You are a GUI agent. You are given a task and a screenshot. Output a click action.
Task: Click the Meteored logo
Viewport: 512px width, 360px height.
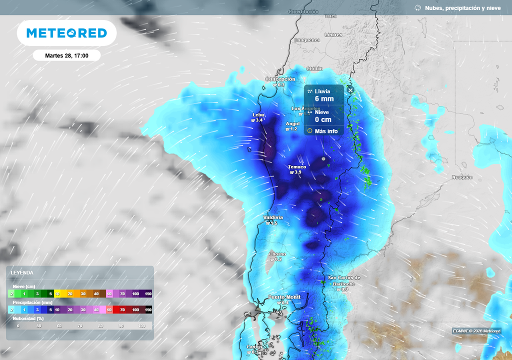66,33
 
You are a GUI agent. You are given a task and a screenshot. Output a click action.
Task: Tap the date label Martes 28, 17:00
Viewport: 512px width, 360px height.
66,55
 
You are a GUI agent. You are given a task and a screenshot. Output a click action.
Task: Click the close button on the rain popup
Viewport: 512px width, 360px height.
350,90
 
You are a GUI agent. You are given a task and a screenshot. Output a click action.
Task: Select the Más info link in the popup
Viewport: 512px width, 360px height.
325,131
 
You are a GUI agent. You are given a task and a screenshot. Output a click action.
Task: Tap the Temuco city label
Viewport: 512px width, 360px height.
297,167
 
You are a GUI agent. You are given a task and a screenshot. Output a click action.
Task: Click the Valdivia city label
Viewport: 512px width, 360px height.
273,218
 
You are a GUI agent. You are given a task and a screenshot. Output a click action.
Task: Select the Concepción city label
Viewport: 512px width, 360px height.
280,79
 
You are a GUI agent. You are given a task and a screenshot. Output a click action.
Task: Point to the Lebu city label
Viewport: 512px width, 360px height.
258,115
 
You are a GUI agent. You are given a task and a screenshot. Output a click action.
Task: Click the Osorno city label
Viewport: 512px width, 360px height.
277,254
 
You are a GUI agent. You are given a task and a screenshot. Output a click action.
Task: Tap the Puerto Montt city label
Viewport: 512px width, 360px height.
284,297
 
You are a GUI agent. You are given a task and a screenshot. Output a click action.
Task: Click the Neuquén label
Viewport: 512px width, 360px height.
462,177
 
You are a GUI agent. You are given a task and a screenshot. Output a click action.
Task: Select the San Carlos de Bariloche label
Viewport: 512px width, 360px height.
343,280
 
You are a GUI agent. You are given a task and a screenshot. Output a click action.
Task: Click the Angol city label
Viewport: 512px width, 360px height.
292,123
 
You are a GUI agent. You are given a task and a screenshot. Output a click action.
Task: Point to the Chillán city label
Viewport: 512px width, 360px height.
314,68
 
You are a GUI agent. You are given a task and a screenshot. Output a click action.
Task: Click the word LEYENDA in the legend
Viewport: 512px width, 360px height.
22,272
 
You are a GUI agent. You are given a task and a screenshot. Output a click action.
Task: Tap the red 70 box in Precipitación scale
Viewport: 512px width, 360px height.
122,310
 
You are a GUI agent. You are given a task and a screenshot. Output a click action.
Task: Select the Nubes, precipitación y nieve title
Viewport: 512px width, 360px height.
462,8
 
